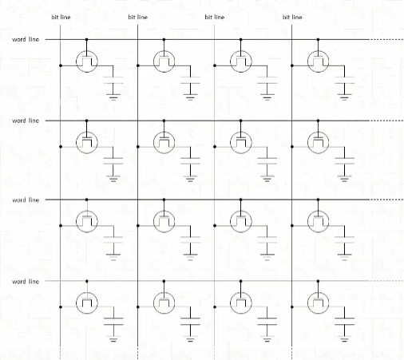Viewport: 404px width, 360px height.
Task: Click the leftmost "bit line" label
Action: tap(61, 18)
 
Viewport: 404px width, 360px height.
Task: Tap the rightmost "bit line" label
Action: tap(292, 18)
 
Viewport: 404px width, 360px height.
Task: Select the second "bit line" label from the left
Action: tap(138, 18)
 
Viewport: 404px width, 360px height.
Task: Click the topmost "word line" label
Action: tap(26, 39)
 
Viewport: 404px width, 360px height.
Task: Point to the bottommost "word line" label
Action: tap(26, 282)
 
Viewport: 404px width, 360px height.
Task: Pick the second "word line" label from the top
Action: tap(26, 121)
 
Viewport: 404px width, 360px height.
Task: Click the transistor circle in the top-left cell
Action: tap(87, 50)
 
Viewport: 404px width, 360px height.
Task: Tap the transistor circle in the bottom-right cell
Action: tap(318, 292)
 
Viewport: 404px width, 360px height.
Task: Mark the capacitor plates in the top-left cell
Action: tap(113, 80)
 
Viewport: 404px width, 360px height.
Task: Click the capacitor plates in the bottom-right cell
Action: tap(344, 322)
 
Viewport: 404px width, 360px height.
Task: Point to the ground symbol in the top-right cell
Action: tap(344, 97)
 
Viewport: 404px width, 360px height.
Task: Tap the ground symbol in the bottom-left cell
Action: tap(113, 338)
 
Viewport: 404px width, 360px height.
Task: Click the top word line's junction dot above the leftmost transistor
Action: tap(86, 39)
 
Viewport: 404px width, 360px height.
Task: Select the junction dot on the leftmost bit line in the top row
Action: tap(61, 65)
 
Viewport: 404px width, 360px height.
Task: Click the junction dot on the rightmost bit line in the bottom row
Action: tap(292, 307)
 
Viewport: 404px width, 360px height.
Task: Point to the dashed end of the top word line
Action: tap(386, 39)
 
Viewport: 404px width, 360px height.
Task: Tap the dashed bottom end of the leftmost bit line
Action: tap(61, 353)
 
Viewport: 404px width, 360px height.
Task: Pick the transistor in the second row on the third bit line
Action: tap(241, 143)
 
